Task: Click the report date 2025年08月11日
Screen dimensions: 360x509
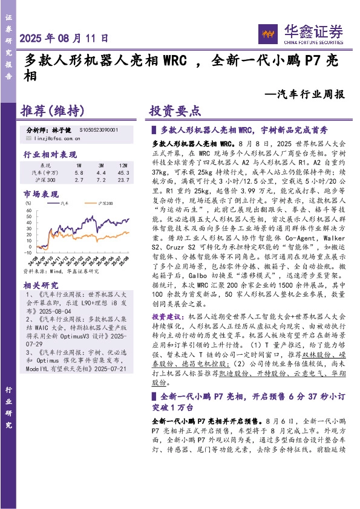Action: (65, 37)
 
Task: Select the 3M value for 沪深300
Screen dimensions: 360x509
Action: (100, 180)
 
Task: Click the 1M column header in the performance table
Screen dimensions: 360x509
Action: (78, 164)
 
